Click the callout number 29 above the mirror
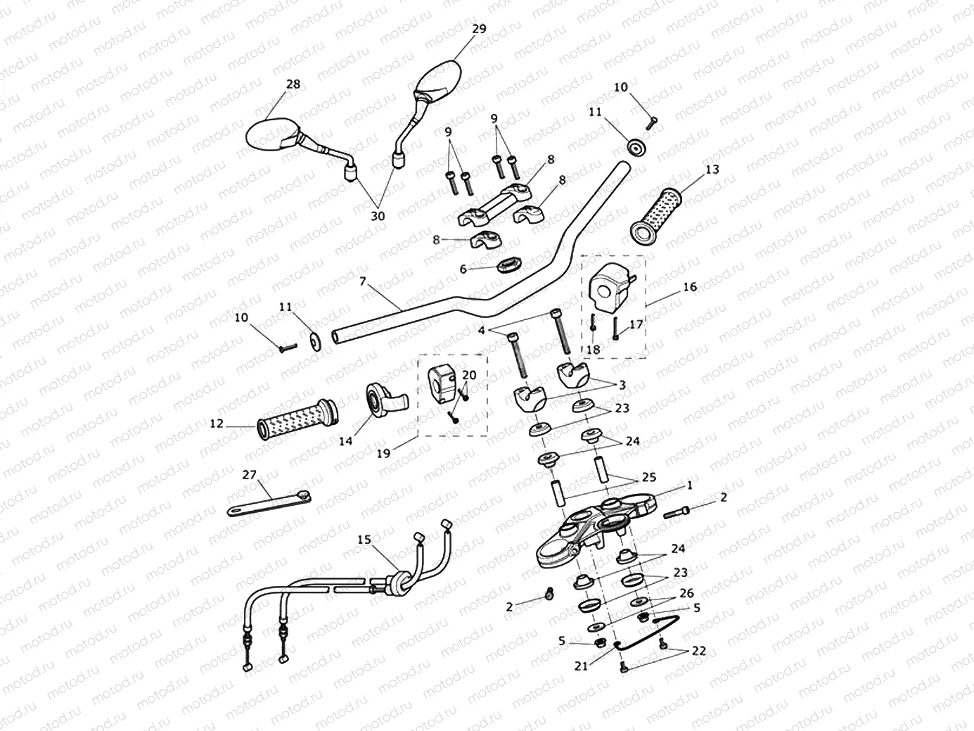point(479,29)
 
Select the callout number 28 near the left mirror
point(293,84)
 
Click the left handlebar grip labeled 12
point(295,419)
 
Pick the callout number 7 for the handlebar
point(362,281)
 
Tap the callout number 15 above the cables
point(363,540)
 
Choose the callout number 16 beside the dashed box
point(690,286)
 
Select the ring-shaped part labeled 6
point(508,265)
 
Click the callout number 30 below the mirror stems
point(378,216)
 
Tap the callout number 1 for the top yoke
point(690,485)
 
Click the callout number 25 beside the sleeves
point(648,477)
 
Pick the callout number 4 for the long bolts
point(481,329)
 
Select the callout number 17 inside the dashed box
point(636,324)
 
